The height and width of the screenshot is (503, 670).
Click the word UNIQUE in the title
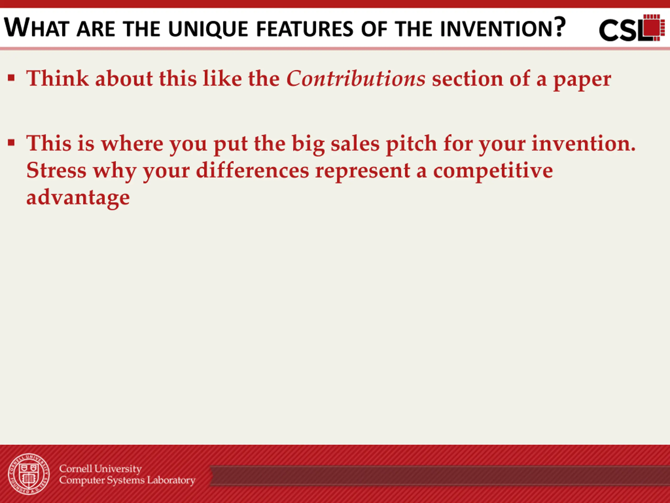[208, 29]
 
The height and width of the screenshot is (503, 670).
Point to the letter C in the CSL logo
[609, 30]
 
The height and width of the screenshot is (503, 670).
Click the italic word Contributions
[356, 78]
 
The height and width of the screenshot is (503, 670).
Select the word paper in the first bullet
[582, 80]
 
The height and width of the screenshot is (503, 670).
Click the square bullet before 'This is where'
[12, 143]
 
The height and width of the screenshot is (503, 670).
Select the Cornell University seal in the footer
[29, 474]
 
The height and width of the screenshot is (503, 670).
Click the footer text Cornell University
[100, 469]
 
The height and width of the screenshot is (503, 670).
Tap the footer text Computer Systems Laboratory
[127, 480]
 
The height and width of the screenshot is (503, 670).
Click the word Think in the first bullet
[58, 78]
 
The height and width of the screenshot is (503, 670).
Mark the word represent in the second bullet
[362, 172]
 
